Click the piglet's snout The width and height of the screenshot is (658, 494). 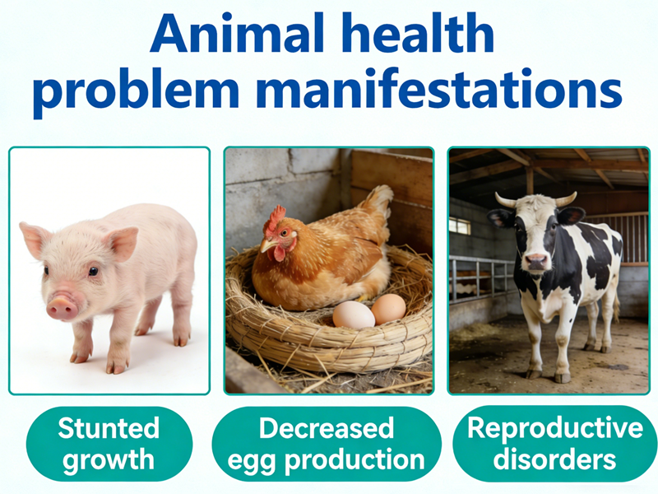pyautogui.click(x=62, y=307)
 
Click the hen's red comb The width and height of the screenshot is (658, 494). pyautogui.click(x=276, y=218)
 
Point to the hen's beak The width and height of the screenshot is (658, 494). pyautogui.click(x=266, y=245)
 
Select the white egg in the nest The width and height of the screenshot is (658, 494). pyautogui.click(x=354, y=315)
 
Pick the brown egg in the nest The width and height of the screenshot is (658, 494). pyautogui.click(x=388, y=309)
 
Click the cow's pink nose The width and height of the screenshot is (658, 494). pyautogui.click(x=536, y=262)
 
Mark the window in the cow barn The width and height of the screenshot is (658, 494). pyautogui.click(x=460, y=226)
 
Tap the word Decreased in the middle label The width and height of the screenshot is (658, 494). pyautogui.click(x=327, y=428)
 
